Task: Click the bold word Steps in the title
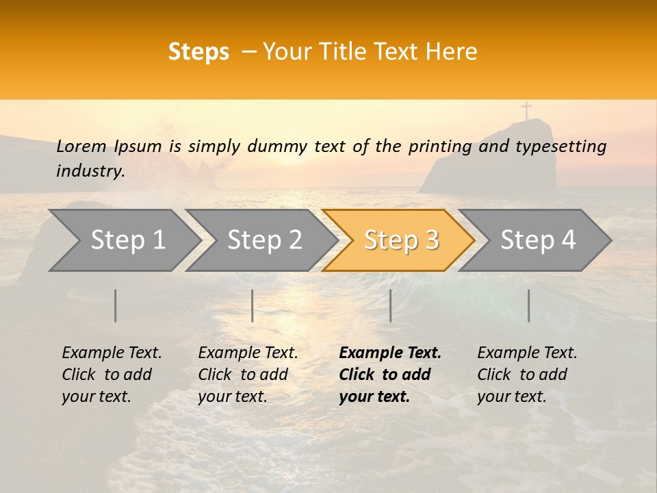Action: tap(198, 52)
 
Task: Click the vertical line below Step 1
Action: tap(116, 305)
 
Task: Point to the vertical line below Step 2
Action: tap(253, 305)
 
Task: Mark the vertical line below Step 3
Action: tap(390, 305)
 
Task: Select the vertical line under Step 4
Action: tap(528, 305)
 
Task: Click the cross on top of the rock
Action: tap(526, 111)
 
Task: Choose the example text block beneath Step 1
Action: tap(112, 375)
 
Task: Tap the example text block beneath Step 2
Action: tap(248, 375)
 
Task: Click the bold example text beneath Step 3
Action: tap(389, 375)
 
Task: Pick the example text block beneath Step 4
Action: tap(527, 375)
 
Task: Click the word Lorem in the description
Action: tap(81, 147)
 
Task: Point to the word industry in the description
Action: tap(90, 171)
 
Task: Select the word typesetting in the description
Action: tap(561, 147)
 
